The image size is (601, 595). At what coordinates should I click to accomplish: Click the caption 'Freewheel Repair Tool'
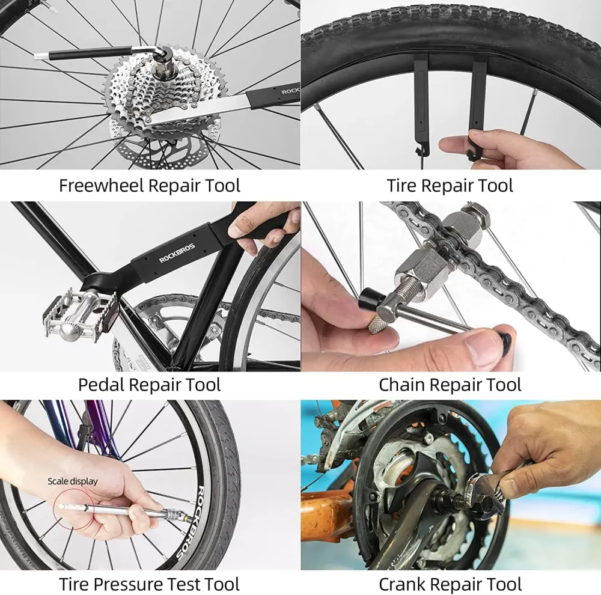[150, 186]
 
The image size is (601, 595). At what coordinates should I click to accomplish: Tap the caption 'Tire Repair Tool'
[450, 186]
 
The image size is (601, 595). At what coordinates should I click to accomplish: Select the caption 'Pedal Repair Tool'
[150, 385]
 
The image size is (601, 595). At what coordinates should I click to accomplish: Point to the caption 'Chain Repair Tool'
[450, 385]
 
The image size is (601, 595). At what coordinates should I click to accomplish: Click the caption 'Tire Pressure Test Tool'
[150, 584]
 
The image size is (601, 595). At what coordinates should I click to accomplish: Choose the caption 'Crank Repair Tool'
[450, 584]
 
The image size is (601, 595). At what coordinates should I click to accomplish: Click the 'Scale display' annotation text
[73, 481]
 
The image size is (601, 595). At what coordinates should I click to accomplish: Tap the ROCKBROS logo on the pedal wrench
[177, 252]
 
